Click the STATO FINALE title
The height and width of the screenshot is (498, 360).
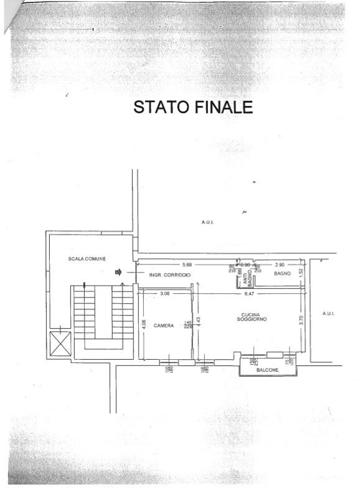point(193,107)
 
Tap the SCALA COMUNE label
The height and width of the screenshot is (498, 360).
point(87,258)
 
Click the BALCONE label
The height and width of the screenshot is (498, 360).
point(267,371)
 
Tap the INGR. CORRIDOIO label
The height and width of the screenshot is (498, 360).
point(169,275)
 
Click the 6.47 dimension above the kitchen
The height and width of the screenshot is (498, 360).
point(249,293)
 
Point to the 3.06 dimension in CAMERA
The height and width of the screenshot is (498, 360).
point(164,293)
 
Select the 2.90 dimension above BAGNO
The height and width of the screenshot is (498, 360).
point(280,265)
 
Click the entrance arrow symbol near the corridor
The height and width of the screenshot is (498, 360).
point(119,272)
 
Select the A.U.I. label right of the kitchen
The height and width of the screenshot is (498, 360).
point(329,313)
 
